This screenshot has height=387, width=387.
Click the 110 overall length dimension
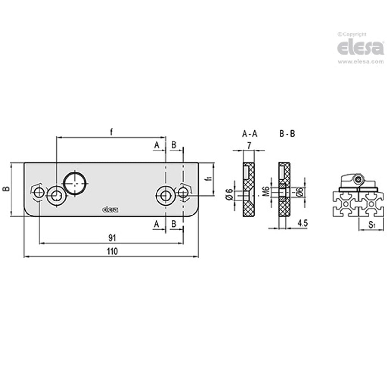[x=112, y=251]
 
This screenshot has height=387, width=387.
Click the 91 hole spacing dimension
[x=112, y=238]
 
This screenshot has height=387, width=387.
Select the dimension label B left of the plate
[x=6, y=189]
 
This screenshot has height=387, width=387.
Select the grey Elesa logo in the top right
[x=361, y=47]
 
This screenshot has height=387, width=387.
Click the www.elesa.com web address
[x=361, y=62]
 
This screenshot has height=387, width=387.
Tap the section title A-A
[x=250, y=134]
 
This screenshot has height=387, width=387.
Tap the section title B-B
[x=287, y=134]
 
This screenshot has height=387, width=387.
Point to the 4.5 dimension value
[x=302, y=223]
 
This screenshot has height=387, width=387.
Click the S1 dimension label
[x=372, y=224]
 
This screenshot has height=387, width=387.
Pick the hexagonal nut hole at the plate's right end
[x=183, y=192]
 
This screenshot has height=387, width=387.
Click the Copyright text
[x=353, y=34]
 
